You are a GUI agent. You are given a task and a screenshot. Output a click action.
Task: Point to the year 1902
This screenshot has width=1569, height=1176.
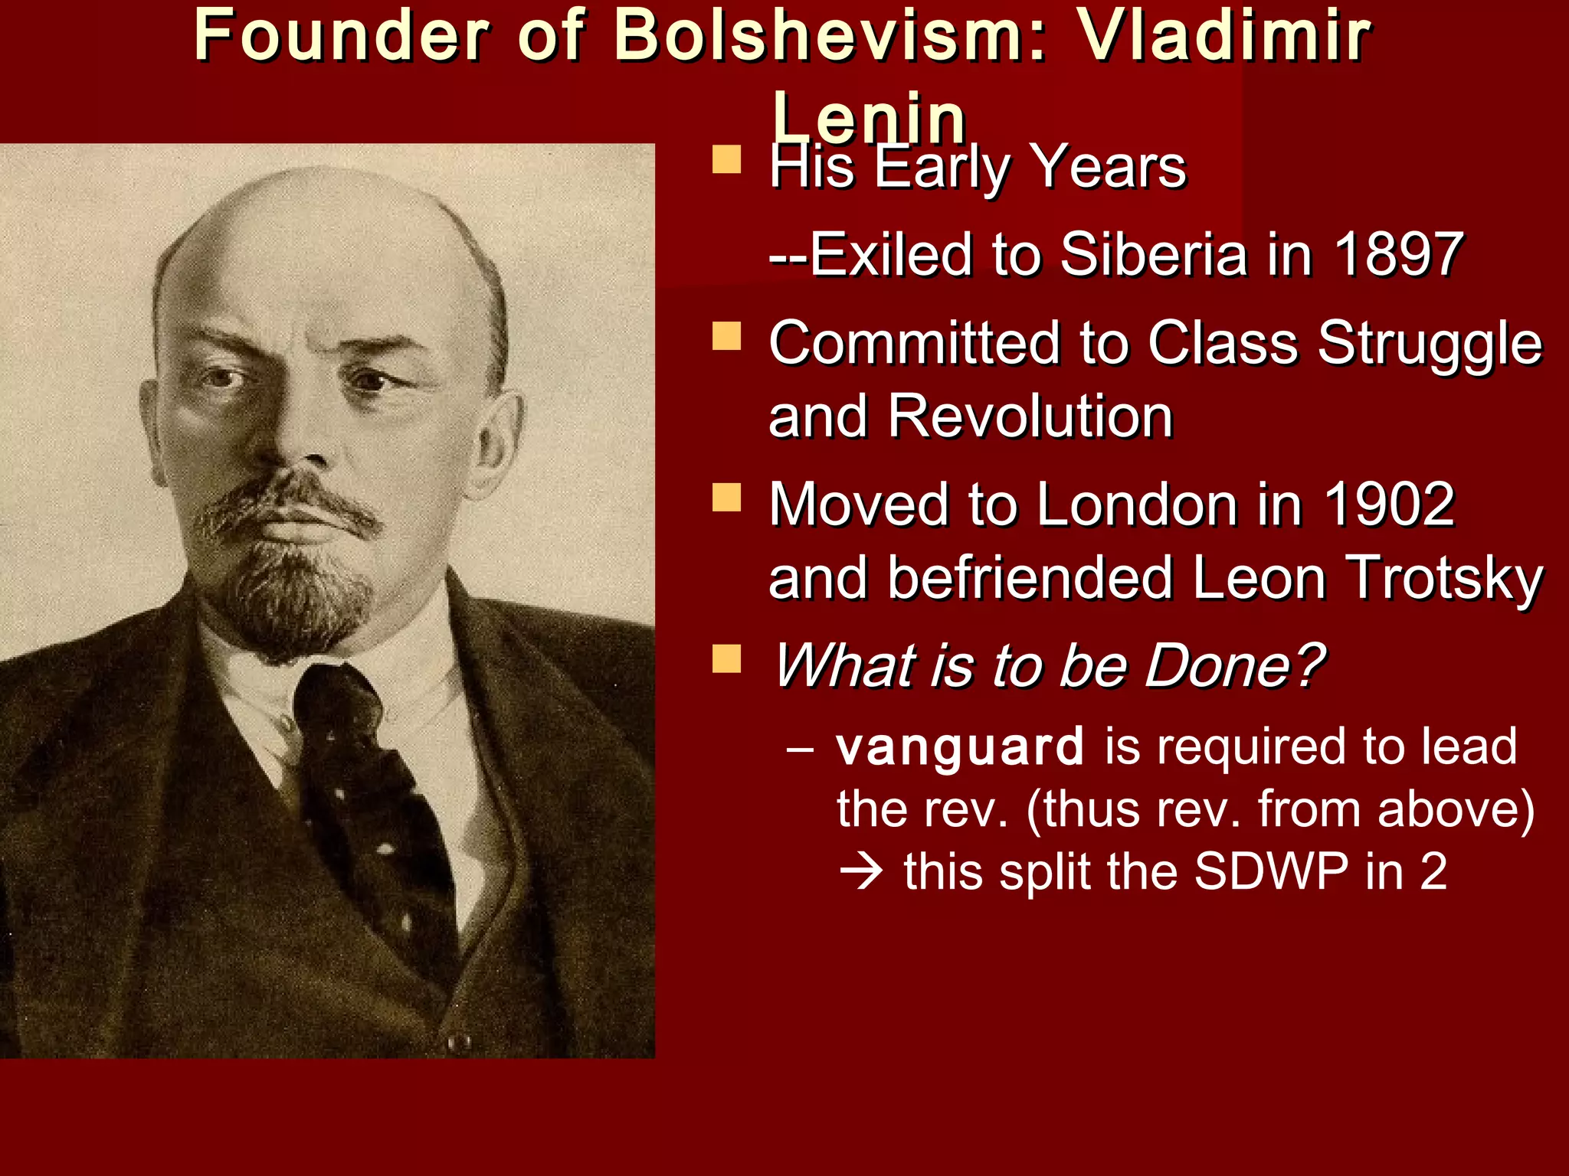(x=1389, y=505)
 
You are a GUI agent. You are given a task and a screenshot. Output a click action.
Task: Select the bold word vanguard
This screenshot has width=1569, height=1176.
(x=960, y=746)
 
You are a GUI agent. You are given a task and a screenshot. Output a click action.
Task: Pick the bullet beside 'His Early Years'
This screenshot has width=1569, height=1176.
(x=726, y=160)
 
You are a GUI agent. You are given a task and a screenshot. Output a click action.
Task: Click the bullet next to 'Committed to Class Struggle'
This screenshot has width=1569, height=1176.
(x=726, y=336)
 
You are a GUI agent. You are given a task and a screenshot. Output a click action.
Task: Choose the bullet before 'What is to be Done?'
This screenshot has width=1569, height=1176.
(x=726, y=658)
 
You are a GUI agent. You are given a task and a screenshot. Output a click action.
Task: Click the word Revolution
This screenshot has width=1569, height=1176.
(x=1030, y=417)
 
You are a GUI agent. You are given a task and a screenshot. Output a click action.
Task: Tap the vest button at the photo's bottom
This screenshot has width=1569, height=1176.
(x=459, y=1040)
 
